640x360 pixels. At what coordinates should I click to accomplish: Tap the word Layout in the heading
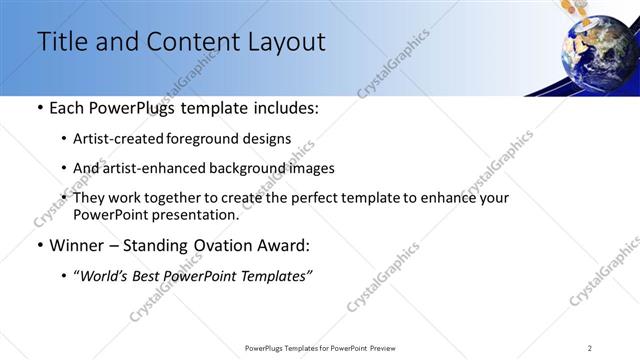pyautogui.click(x=286, y=42)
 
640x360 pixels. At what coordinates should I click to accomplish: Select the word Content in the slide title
pyautogui.click(x=190, y=42)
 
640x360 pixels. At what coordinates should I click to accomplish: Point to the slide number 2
pyautogui.click(x=590, y=347)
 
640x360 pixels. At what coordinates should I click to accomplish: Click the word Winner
pyautogui.click(x=78, y=245)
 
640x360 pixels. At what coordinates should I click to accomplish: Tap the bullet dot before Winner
pyautogui.click(x=38, y=245)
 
